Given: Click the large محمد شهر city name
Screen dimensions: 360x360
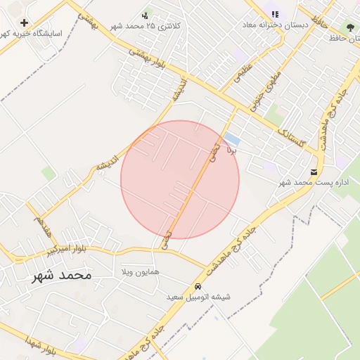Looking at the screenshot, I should [x=61, y=276].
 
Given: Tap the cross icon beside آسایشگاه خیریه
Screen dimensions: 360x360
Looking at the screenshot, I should [x=25, y=23].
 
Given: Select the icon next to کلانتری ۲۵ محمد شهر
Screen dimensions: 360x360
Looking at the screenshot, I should [x=146, y=14].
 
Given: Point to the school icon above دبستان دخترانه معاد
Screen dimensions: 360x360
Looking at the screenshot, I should [x=275, y=14].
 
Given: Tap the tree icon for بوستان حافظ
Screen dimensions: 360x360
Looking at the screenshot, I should [x=349, y=27].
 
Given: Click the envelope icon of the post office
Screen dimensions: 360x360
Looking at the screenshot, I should [x=314, y=172].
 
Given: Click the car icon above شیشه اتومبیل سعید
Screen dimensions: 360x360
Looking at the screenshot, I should [x=198, y=286].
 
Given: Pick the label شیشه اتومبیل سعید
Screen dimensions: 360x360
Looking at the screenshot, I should [x=198, y=297].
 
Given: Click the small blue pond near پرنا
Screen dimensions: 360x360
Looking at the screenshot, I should [x=231, y=139].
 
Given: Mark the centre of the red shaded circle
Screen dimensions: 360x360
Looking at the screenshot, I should [x=180, y=180].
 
